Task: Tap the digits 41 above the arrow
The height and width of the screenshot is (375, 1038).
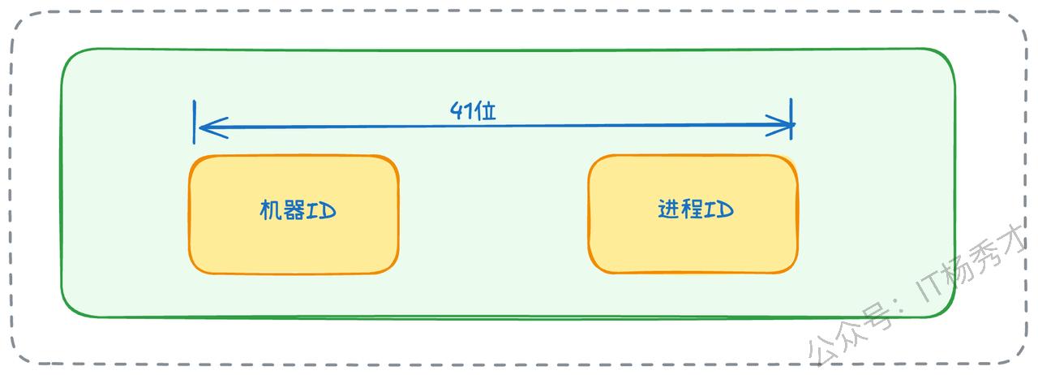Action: click(461, 111)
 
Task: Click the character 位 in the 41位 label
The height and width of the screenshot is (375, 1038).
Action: click(485, 111)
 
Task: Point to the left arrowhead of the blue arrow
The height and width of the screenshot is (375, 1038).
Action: click(204, 127)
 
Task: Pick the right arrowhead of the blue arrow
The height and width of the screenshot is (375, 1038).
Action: click(785, 126)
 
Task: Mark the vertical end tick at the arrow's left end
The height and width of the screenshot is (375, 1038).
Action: click(195, 122)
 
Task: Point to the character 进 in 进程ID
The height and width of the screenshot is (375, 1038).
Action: click(669, 209)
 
